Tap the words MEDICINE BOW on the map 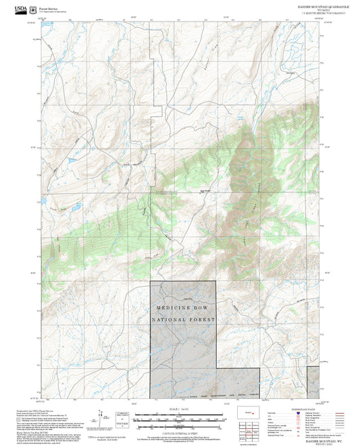pos(182,308)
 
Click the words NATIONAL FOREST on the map pos(182,319)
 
